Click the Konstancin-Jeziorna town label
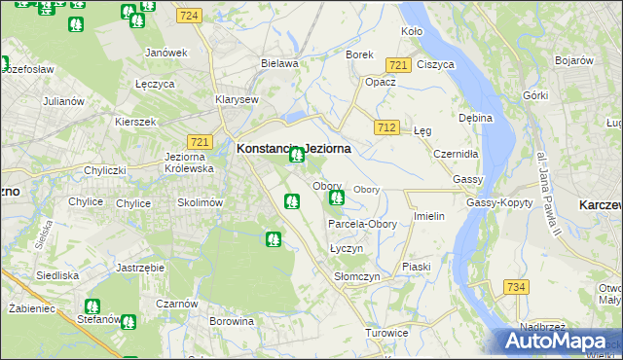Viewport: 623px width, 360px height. coord(293,149)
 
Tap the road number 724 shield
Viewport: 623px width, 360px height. coord(190,16)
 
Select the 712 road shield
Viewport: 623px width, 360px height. coord(386,127)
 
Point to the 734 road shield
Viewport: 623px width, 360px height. coord(516,287)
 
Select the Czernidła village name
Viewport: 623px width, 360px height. coord(456,154)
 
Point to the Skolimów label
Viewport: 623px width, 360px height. coord(201,202)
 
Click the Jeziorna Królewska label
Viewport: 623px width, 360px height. coord(190,162)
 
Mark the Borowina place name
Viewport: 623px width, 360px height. coord(232,319)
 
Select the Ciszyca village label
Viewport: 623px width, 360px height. coord(435,64)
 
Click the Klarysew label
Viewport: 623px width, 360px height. coord(237,99)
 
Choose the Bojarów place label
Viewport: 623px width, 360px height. coord(574,60)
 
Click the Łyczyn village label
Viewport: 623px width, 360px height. coord(346,248)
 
